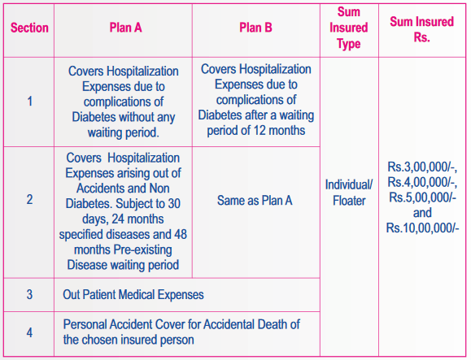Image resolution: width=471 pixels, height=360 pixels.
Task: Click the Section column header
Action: point(29,28)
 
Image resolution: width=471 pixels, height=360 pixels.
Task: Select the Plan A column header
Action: point(125,28)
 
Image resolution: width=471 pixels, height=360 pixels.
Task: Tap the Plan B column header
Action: point(255,28)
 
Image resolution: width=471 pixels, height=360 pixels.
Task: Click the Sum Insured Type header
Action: point(348,28)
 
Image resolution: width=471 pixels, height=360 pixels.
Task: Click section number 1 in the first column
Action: point(29,102)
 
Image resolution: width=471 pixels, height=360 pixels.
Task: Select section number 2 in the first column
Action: point(29,197)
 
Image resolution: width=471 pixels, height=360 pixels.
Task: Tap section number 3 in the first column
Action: point(29,293)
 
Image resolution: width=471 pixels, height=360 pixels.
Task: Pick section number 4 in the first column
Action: point(29,332)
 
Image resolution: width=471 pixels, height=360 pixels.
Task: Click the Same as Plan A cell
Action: point(255,197)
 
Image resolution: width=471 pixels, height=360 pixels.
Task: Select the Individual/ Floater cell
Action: point(348,192)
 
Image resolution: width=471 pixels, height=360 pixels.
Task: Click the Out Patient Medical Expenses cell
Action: point(133,293)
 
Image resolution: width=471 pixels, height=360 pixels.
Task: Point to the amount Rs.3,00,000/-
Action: point(422,167)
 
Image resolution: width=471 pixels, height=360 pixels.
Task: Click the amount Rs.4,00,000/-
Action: point(422,182)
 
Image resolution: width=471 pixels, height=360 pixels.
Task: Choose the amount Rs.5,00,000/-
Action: point(422,197)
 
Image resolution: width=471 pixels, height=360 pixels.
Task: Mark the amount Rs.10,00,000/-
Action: point(422,227)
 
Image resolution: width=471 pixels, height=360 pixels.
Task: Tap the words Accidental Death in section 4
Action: point(241,325)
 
